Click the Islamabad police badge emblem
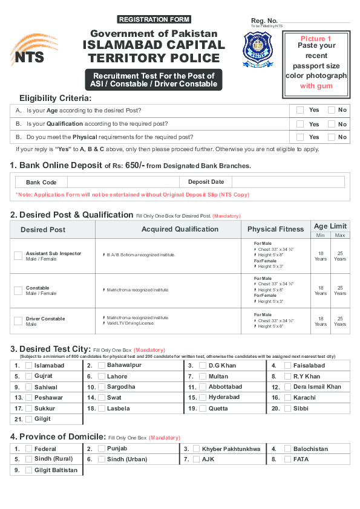click(258, 50)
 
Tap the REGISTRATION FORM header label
click(154, 19)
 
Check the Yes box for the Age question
click(300, 110)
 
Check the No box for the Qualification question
click(331, 124)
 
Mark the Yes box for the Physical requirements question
click(300, 137)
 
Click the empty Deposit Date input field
click(287, 182)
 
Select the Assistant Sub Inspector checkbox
click(18, 256)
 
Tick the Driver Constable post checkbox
click(18, 321)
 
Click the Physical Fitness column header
click(275, 230)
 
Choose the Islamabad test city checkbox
click(28, 366)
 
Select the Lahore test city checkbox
click(102, 376)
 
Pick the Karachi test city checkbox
click(287, 398)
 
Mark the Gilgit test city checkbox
click(28, 419)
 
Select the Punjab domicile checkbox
click(102, 449)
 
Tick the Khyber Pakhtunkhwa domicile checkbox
click(196, 449)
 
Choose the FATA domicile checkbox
click(287, 459)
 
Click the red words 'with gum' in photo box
click(316, 86)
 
